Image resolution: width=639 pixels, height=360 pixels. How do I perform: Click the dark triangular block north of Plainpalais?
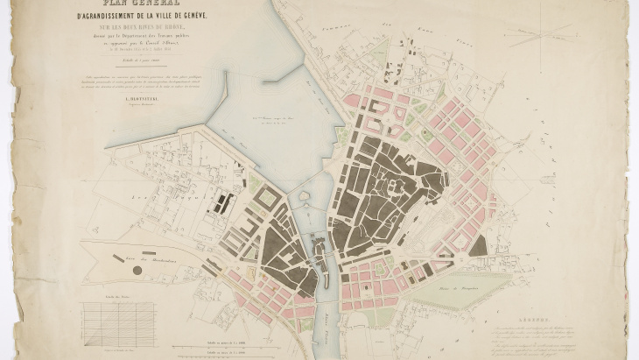coord(478,246)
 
